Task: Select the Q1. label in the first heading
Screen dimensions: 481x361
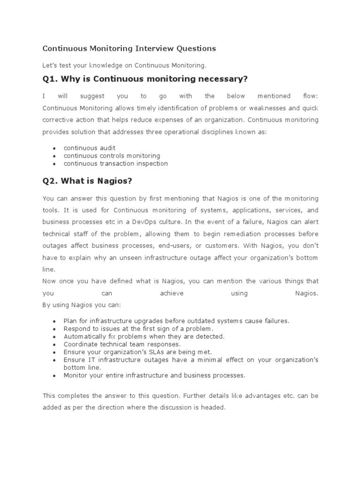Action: tap(52, 78)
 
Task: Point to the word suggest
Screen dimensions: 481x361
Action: tap(93, 96)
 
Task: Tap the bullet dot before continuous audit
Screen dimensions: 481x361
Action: tap(55, 148)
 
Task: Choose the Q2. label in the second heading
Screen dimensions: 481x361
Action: tap(52, 181)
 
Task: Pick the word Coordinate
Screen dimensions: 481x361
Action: tap(80, 344)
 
